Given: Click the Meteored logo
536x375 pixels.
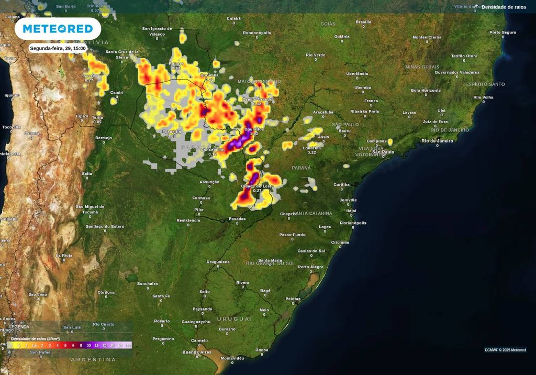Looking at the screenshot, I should click(58, 28).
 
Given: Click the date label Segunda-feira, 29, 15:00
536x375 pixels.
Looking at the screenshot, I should click(58, 48).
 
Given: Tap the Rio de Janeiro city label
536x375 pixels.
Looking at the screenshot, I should click(438, 141).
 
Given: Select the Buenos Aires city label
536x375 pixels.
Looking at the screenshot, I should click(197, 352).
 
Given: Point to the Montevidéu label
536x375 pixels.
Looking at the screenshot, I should click(232, 358).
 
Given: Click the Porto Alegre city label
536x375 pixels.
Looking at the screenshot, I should click(311, 267).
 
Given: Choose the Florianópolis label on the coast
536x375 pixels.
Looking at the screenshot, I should click(353, 223).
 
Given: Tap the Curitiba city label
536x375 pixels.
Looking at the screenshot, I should click(342, 184).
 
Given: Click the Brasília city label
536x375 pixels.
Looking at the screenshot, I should click(363, 22).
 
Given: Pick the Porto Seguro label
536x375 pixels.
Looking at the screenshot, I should click(502, 32).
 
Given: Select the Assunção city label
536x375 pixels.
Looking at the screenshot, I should click(209, 182).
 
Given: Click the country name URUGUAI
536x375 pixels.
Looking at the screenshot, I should click(234, 318).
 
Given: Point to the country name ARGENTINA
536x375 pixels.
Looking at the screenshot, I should click(93, 360).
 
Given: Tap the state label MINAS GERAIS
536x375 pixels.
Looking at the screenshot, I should click(422, 67).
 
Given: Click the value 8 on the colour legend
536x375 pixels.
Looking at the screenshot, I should click(81, 345).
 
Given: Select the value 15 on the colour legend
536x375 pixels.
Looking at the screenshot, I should click(97, 345).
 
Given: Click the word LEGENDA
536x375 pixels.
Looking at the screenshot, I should click(19, 327).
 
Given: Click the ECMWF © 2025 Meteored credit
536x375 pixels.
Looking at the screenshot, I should click(505, 350).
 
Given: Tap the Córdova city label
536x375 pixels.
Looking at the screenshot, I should click(106, 292).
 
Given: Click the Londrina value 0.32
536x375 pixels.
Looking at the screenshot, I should click(312, 152).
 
